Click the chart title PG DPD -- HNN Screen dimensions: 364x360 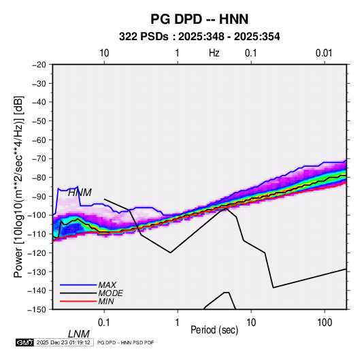point(199,19)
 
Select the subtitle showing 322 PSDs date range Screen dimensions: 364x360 point(199,37)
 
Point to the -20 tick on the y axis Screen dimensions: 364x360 point(39,65)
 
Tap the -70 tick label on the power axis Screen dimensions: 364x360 point(39,159)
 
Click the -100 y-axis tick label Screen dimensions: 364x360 point(37,215)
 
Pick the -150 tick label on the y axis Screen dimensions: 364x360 point(37,310)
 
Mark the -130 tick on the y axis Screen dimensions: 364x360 point(37,272)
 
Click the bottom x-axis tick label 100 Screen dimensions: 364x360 point(325,323)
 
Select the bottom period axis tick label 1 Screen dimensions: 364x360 point(178,323)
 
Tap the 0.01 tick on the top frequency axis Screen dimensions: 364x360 point(324,53)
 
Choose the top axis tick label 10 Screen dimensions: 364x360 point(104,53)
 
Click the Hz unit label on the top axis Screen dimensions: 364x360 point(214,53)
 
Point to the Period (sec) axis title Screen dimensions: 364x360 point(214,330)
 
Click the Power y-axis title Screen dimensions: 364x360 point(18,186)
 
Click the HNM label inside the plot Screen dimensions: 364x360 point(80,193)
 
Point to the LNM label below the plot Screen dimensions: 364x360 point(78,334)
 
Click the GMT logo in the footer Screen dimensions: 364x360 point(25,342)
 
